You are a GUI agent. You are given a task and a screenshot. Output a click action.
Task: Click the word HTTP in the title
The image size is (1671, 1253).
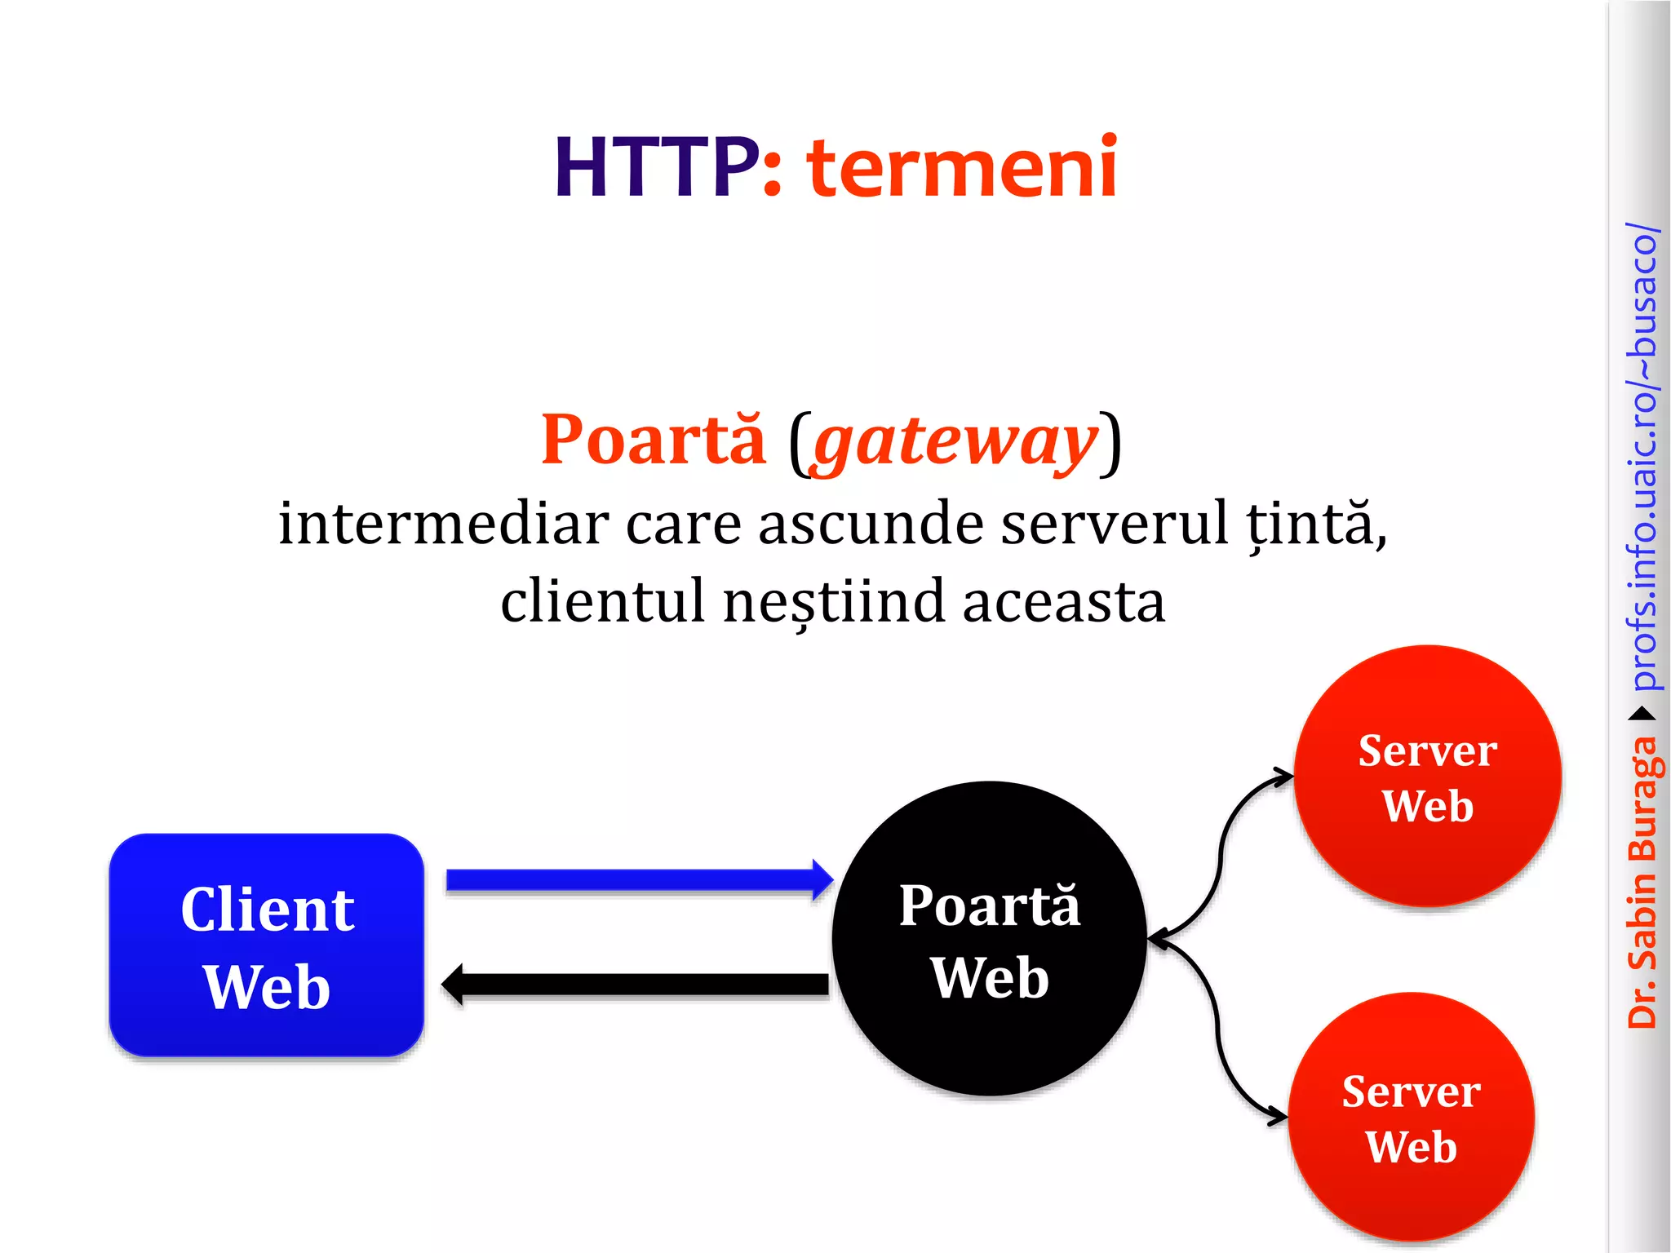pyautogui.click(x=657, y=168)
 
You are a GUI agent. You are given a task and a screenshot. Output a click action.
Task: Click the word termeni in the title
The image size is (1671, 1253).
pyautogui.click(x=962, y=168)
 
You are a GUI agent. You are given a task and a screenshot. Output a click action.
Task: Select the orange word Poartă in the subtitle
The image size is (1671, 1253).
pyautogui.click(x=654, y=441)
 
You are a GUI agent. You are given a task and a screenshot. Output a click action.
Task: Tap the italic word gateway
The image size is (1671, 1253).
pyautogui.click(x=955, y=442)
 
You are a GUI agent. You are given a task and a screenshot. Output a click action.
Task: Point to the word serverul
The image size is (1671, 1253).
pyautogui.click(x=1114, y=523)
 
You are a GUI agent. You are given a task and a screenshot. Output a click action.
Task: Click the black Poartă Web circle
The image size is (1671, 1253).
pyautogui.click(x=989, y=938)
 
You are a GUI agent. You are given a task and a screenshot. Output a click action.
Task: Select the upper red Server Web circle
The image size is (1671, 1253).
pyautogui.click(x=1427, y=776)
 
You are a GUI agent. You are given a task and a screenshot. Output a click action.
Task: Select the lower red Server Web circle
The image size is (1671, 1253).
pyautogui.click(x=1411, y=1117)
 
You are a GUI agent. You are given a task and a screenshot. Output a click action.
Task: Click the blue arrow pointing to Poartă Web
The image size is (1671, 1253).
pyautogui.click(x=636, y=880)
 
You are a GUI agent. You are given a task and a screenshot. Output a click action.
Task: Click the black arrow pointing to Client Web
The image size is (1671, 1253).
pyautogui.click(x=636, y=985)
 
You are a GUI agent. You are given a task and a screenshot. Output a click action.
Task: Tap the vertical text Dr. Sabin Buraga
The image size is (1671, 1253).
pyautogui.click(x=1642, y=881)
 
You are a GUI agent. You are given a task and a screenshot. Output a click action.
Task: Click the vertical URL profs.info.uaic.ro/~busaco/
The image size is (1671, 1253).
pyautogui.click(x=1642, y=457)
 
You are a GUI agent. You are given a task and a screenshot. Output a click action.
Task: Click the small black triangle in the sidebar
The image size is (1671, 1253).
pyautogui.click(x=1642, y=715)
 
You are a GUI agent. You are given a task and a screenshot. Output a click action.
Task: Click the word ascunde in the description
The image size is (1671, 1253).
pyautogui.click(x=870, y=523)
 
